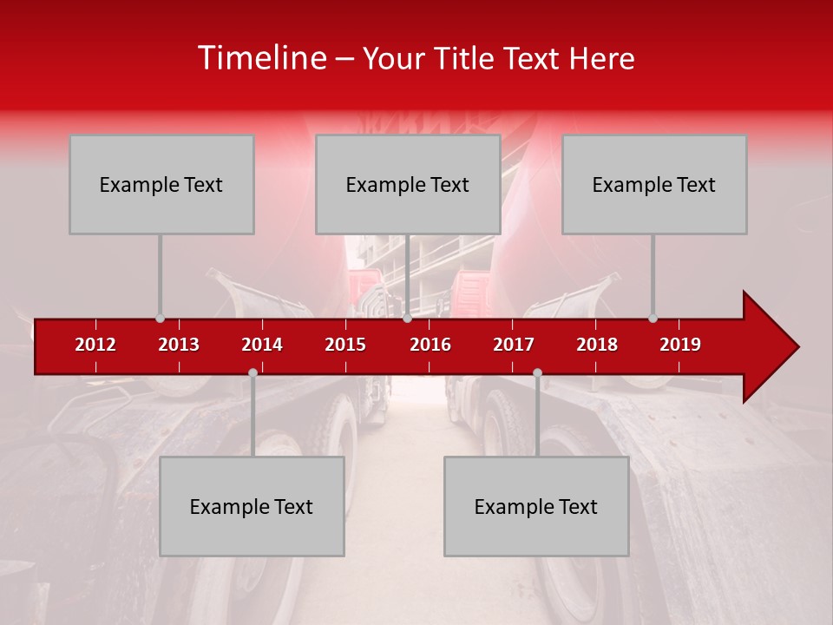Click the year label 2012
click(95, 345)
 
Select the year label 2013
click(179, 345)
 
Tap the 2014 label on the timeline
click(262, 345)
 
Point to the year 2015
click(345, 345)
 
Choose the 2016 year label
click(430, 345)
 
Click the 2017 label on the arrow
click(514, 345)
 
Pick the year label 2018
click(597, 345)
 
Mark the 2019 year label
click(680, 345)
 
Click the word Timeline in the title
click(262, 58)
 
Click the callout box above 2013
click(161, 184)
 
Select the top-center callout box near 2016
click(408, 184)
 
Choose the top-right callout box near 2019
click(654, 184)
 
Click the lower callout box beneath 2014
click(252, 506)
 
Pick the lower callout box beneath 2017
click(536, 506)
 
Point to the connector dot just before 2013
click(160, 319)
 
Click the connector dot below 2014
click(253, 372)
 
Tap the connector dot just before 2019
click(653, 319)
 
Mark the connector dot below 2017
click(537, 372)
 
